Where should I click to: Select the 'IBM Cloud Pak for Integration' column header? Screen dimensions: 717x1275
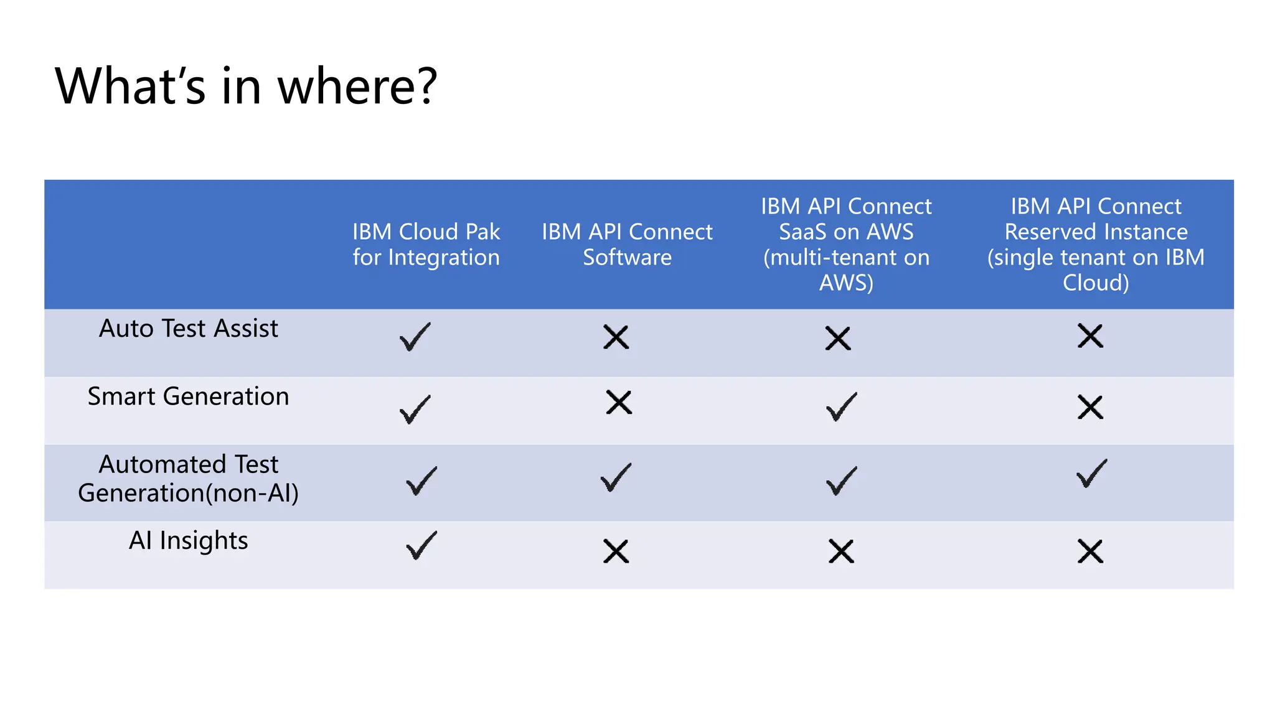(426, 245)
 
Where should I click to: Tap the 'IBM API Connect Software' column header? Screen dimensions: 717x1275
(627, 245)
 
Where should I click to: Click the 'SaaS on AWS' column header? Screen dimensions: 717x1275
(846, 245)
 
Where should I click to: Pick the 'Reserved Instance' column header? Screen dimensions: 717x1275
(1096, 245)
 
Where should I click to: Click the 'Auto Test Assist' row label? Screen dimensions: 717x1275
(189, 329)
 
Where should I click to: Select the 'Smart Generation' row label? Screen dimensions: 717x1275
(189, 396)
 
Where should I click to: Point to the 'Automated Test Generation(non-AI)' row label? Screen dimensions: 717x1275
(189, 479)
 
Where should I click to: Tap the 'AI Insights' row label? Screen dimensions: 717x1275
(189, 540)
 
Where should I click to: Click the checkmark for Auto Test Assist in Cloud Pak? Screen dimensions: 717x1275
(415, 337)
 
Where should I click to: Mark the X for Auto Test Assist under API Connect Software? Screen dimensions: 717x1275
(616, 337)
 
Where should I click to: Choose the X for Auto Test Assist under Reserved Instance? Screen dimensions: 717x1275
(1090, 336)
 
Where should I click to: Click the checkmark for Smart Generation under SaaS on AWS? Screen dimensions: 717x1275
(842, 407)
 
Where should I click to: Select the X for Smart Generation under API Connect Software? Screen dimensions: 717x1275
(619, 402)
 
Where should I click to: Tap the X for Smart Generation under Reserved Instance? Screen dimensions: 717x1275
(1090, 408)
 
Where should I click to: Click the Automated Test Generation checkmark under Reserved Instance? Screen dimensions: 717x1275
(1092, 474)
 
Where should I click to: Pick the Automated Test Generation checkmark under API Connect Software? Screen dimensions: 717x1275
(616, 477)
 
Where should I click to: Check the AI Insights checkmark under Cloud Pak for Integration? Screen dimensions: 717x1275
(421, 545)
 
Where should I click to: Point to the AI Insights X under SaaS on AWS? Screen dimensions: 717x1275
(841, 551)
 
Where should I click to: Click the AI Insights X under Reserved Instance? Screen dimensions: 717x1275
(1090, 551)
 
